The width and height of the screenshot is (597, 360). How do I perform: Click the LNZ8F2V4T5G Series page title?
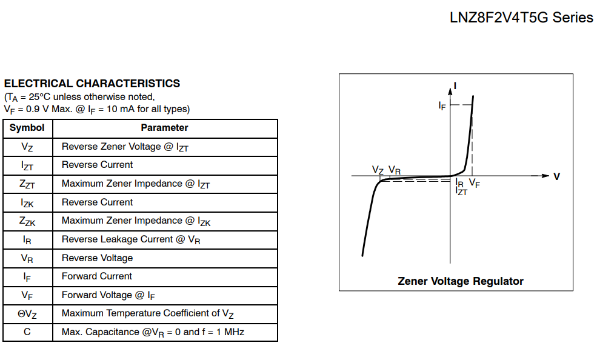(521, 18)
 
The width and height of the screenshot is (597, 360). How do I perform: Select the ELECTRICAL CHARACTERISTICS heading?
(92, 84)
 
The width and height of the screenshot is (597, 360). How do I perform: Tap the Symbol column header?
(27, 128)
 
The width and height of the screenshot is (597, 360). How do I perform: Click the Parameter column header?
(164, 128)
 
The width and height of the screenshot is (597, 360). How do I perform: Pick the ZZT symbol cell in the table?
(27, 184)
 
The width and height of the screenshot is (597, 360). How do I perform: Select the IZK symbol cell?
(27, 202)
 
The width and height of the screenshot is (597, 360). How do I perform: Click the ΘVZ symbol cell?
(27, 314)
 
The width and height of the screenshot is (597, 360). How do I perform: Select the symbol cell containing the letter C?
(27, 332)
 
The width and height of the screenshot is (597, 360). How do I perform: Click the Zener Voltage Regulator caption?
(461, 281)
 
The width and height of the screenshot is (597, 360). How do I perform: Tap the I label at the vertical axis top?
(455, 85)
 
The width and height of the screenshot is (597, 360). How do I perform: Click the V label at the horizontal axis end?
(557, 176)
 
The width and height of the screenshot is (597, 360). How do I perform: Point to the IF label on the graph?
(442, 105)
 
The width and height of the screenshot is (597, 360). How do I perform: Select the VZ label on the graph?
(378, 170)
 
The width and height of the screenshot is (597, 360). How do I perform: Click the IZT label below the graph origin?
(461, 192)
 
